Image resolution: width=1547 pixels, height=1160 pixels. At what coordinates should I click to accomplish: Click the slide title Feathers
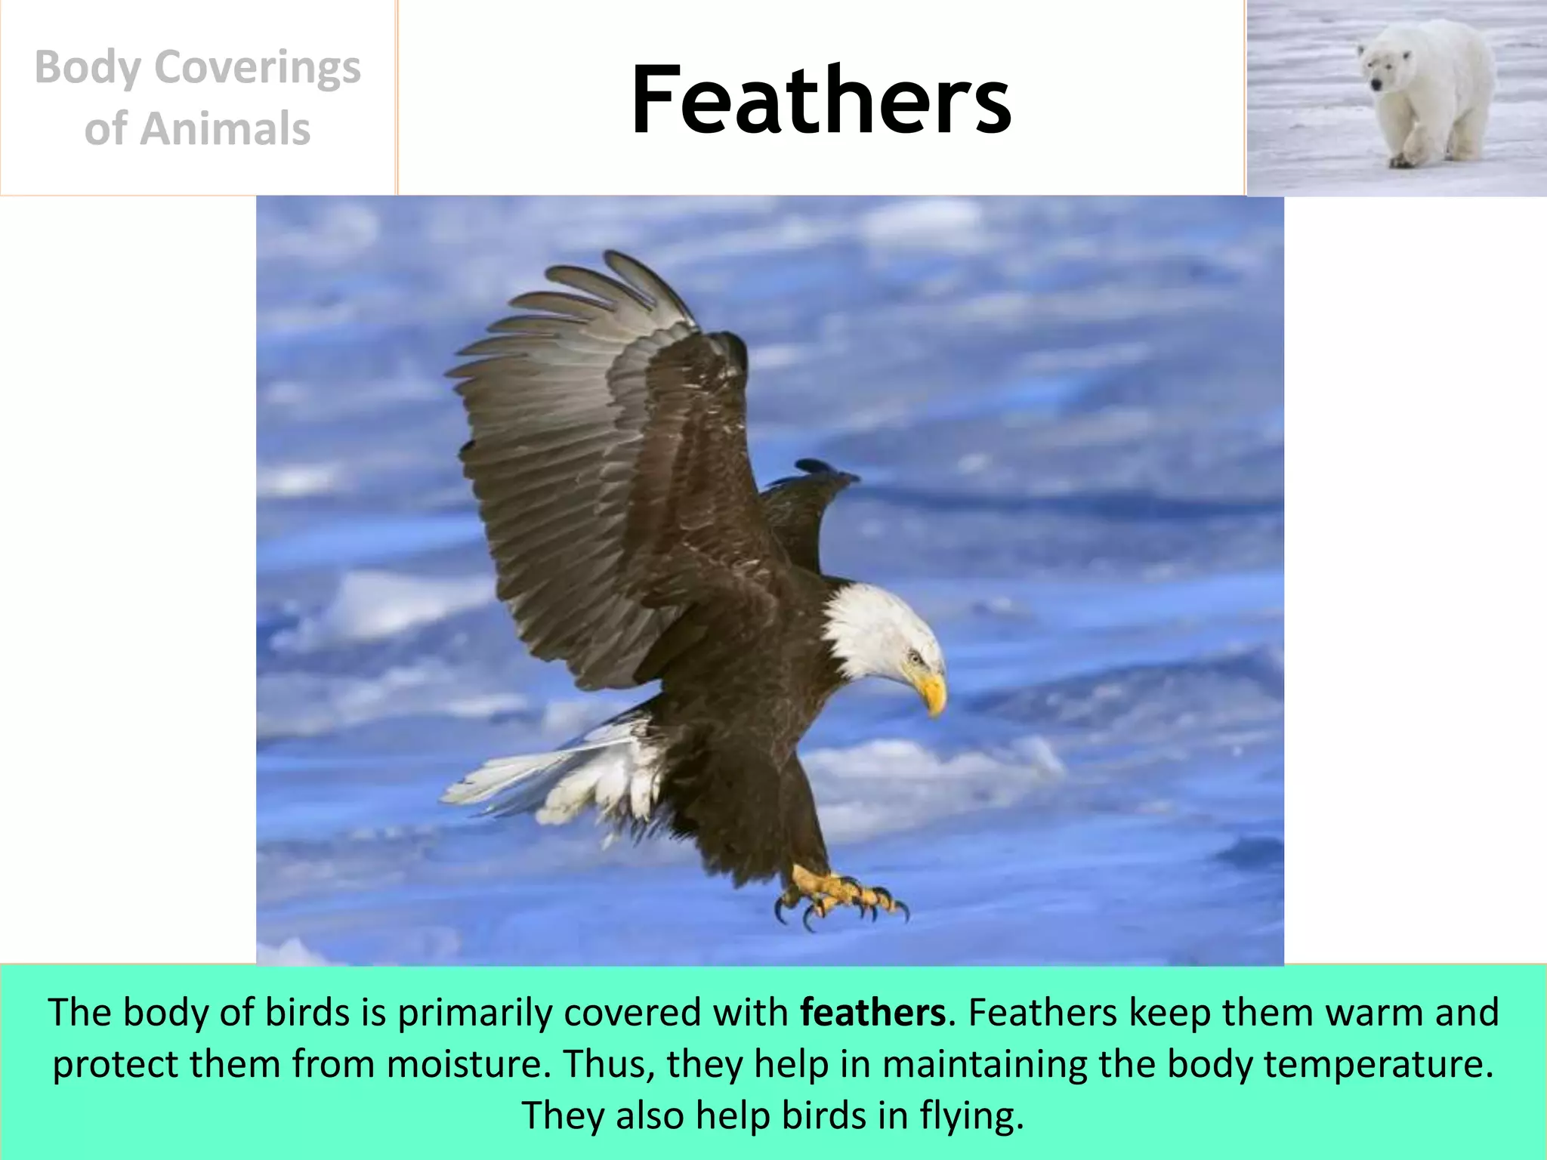pyautogui.click(x=820, y=100)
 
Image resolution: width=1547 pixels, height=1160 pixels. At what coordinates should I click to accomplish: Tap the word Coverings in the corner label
pyautogui.click(x=257, y=68)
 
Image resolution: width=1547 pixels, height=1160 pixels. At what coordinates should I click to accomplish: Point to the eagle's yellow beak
pyautogui.click(x=934, y=691)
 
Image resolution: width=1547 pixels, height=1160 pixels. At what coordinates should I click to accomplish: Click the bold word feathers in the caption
pyautogui.click(x=872, y=1013)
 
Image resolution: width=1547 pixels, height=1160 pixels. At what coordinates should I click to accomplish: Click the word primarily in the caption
pyautogui.click(x=476, y=1013)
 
